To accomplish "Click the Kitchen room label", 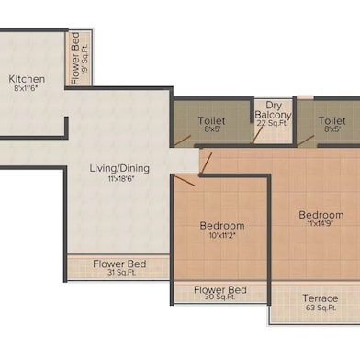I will point(27,79).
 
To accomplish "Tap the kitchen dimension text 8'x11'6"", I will point(28,90).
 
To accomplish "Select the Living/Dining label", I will point(119,169).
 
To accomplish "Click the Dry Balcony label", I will point(273,110).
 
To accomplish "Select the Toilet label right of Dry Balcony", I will point(332,119).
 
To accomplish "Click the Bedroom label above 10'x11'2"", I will point(222,225).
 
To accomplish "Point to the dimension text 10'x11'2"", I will point(222,236).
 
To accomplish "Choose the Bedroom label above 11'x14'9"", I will point(321,215).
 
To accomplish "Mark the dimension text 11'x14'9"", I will point(321,226).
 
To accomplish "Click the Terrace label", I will point(320,298).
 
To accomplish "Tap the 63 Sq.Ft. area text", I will point(320,309).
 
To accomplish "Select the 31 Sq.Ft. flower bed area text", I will point(118,274).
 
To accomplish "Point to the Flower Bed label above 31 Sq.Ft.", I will point(118,264).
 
